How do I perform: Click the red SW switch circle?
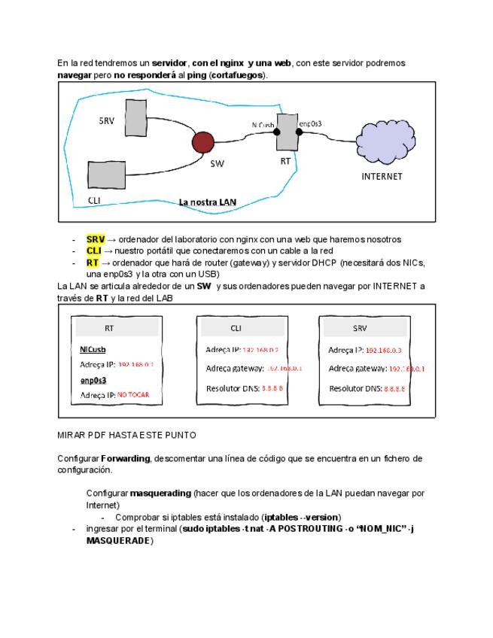(203, 142)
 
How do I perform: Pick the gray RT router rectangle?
(286, 132)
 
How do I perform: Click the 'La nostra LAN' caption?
(207, 202)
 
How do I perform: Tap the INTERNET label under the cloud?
(382, 177)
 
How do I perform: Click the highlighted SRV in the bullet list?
(95, 239)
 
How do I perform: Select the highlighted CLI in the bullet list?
(93, 251)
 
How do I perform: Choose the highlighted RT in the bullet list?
(93, 263)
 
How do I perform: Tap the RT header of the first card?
(109, 329)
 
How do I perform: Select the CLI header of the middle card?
(236, 329)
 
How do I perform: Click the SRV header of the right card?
(360, 329)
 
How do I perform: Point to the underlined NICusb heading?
(93, 349)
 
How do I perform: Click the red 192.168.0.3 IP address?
(383, 350)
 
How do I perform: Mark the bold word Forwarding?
(126, 458)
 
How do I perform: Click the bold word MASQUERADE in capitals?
(120, 541)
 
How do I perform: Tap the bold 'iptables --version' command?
(301, 518)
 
